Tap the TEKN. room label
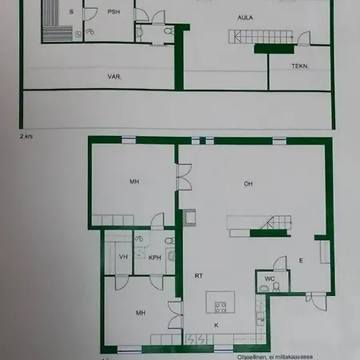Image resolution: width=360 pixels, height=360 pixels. click(299, 67)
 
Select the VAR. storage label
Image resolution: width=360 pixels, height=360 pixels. click(115, 76)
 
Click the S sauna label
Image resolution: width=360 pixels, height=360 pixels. click(71, 12)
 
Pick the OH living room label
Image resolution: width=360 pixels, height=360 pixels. click(249, 184)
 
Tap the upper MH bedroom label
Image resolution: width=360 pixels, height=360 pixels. click(135, 182)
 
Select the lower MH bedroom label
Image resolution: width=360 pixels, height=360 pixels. click(140, 313)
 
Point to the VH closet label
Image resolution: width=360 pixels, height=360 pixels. click(122, 257)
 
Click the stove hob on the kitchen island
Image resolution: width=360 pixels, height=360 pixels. click(221, 306)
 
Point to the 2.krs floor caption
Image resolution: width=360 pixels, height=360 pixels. click(26, 137)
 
